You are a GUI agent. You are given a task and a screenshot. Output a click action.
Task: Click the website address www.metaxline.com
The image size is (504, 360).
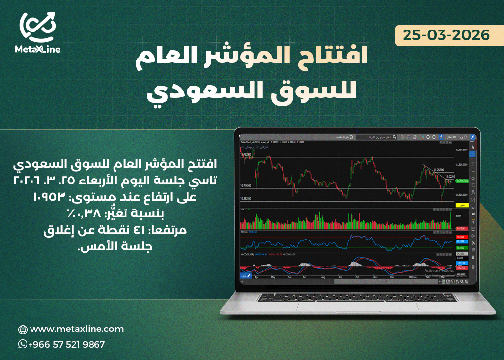click(x=77, y=329)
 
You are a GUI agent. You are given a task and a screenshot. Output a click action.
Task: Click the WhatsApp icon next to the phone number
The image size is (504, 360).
click(x=22, y=344)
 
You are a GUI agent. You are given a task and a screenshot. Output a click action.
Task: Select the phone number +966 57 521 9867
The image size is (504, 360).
click(x=66, y=345)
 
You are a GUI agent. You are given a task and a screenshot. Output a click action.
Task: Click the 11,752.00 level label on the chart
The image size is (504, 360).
click(x=246, y=155)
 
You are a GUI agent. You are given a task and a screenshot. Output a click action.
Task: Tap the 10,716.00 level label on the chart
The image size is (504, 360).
click(x=246, y=186)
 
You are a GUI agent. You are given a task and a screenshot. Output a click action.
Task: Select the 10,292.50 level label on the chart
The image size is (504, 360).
click(x=246, y=198)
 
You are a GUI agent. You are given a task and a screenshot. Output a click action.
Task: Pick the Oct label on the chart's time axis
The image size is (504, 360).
click(x=358, y=277)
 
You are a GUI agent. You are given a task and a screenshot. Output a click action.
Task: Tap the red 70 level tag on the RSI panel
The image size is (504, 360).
click(x=462, y=237)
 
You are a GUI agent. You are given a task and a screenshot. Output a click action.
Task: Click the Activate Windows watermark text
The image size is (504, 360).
click(x=439, y=270)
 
